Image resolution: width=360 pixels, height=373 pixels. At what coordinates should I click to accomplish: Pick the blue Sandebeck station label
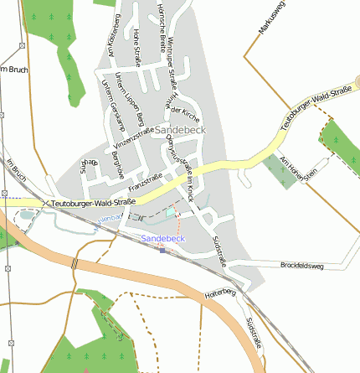tap(162, 239)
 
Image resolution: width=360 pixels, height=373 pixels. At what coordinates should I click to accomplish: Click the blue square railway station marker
tap(162, 249)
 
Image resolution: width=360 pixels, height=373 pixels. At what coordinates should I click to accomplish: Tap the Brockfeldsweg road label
tap(302, 265)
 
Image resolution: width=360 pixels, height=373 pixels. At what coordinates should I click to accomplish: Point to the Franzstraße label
tap(147, 182)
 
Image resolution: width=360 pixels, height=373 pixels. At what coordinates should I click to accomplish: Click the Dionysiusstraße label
tap(177, 157)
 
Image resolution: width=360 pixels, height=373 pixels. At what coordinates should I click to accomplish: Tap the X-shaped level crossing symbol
tap(44, 202)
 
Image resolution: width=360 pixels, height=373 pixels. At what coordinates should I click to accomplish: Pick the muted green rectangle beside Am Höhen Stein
tap(277, 171)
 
